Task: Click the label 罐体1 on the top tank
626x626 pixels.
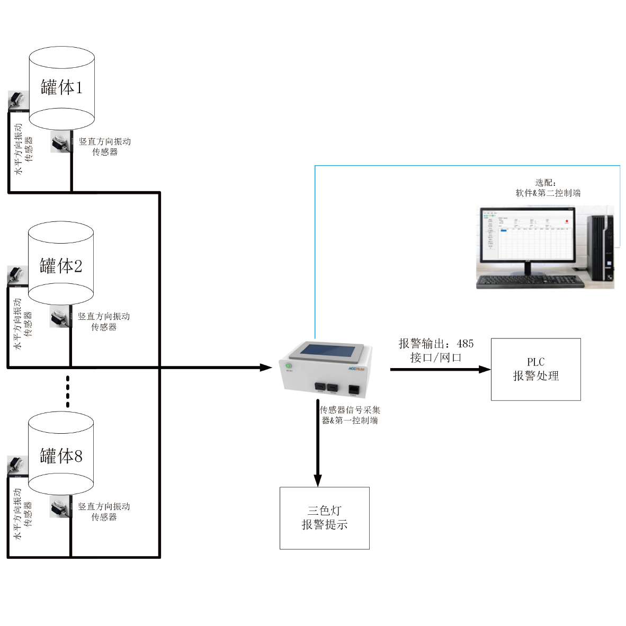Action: click(x=62, y=87)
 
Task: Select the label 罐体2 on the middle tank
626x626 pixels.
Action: click(x=61, y=265)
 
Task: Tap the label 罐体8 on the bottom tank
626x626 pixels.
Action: click(x=61, y=455)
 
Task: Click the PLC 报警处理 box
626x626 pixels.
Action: click(x=535, y=369)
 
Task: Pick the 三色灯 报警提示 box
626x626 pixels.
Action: click(x=324, y=518)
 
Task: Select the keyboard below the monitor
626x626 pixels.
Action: click(x=530, y=282)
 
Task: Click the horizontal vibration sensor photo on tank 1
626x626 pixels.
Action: click(x=18, y=101)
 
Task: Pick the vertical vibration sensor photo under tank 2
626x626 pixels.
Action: click(x=60, y=317)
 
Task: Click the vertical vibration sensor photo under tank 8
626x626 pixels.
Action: click(x=60, y=507)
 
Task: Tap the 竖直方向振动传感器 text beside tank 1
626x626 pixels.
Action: click(x=105, y=147)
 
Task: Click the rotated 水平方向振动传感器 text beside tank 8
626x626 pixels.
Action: click(x=23, y=514)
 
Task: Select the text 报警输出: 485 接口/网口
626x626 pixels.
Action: click(x=436, y=351)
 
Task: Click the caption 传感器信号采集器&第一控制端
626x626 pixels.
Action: click(x=350, y=415)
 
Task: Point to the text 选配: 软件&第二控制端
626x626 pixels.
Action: click(x=548, y=188)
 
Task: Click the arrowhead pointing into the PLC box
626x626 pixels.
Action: click(x=485, y=369)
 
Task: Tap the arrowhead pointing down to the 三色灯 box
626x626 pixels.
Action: click(x=318, y=480)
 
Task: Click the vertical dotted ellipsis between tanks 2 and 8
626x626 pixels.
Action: click(x=68, y=391)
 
